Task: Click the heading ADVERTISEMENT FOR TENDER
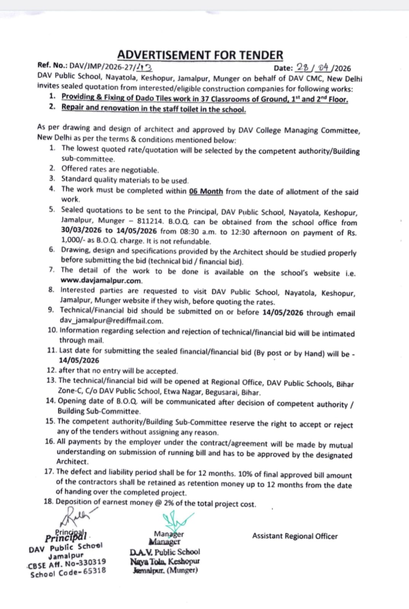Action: (200, 55)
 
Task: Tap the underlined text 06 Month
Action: (206, 191)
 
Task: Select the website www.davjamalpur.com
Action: (101, 281)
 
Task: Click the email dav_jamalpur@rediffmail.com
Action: (111, 320)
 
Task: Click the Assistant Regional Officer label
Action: (295, 536)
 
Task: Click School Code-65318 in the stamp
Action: (68, 572)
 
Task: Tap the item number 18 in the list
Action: (48, 501)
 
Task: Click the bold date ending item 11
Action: (79, 360)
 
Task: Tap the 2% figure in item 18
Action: (169, 503)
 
